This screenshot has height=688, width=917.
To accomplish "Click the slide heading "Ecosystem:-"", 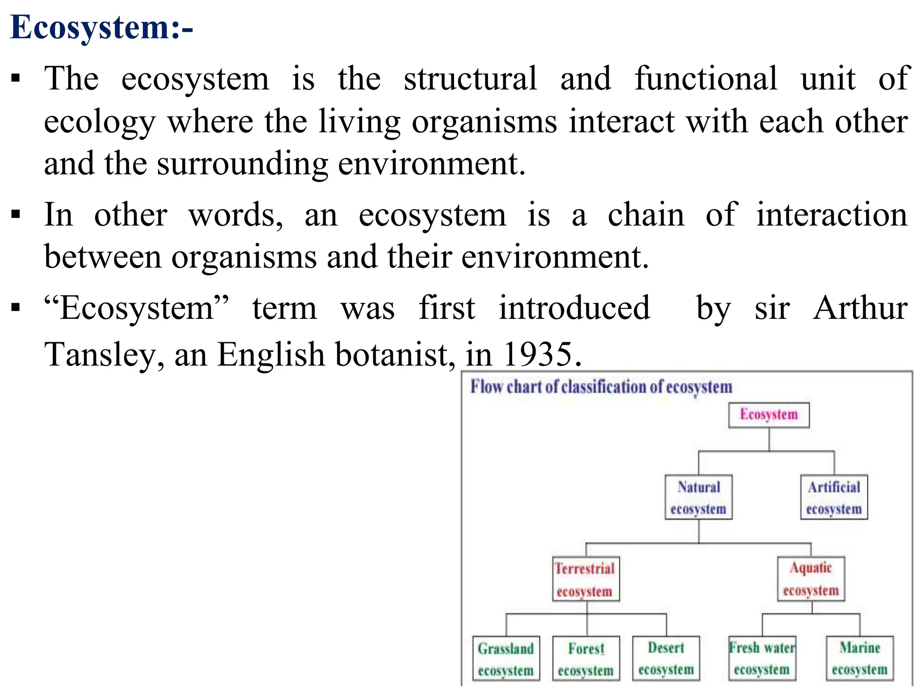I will pyautogui.click(x=101, y=28).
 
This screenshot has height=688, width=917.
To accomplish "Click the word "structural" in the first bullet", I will pyautogui.click(x=470, y=79).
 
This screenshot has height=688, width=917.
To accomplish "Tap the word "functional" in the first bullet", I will pyautogui.click(x=706, y=79).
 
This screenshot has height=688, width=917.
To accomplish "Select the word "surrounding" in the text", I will pyautogui.click(x=242, y=164).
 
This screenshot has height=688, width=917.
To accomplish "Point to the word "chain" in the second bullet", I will pyautogui.click(x=646, y=215).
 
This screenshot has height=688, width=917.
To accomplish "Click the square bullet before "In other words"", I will pyautogui.click(x=16, y=215).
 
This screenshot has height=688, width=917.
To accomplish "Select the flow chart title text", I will pyautogui.click(x=601, y=387).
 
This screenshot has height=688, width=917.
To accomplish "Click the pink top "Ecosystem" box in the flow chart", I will pyautogui.click(x=768, y=415).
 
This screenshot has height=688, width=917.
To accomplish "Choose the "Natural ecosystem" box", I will pyautogui.click(x=698, y=497).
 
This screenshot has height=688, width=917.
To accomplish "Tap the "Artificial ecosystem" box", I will pyautogui.click(x=834, y=497).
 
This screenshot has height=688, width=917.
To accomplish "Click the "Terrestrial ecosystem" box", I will pyautogui.click(x=586, y=579).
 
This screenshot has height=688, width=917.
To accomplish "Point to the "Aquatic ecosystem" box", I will pyautogui.click(x=811, y=579).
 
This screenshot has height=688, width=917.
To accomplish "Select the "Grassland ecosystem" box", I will pyautogui.click(x=506, y=659).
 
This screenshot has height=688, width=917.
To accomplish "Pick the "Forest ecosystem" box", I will pyautogui.click(x=586, y=659).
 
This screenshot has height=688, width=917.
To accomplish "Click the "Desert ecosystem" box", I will pyautogui.click(x=666, y=658).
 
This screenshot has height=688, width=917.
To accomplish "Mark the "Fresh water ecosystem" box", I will pyautogui.click(x=762, y=658).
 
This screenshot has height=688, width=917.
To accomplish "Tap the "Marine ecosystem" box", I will pyautogui.click(x=860, y=658).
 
